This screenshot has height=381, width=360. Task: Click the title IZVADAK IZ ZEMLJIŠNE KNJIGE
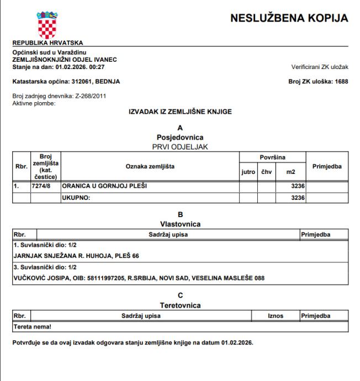point(179,112)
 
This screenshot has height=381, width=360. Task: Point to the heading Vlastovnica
point(179,224)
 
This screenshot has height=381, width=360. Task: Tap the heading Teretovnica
point(179,304)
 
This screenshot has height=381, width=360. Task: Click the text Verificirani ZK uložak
point(320,67)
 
